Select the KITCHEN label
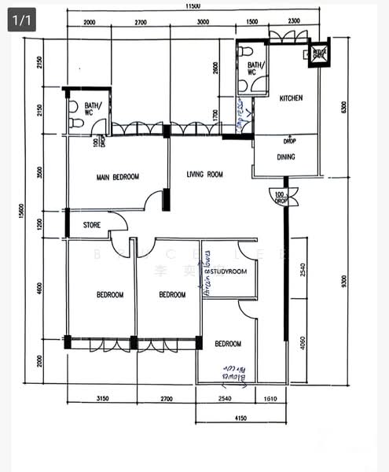(292, 98)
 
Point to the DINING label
(286, 157)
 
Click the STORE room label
(92, 226)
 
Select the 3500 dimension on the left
(39, 173)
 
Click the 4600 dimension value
(39, 289)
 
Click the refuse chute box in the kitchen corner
(319, 53)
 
